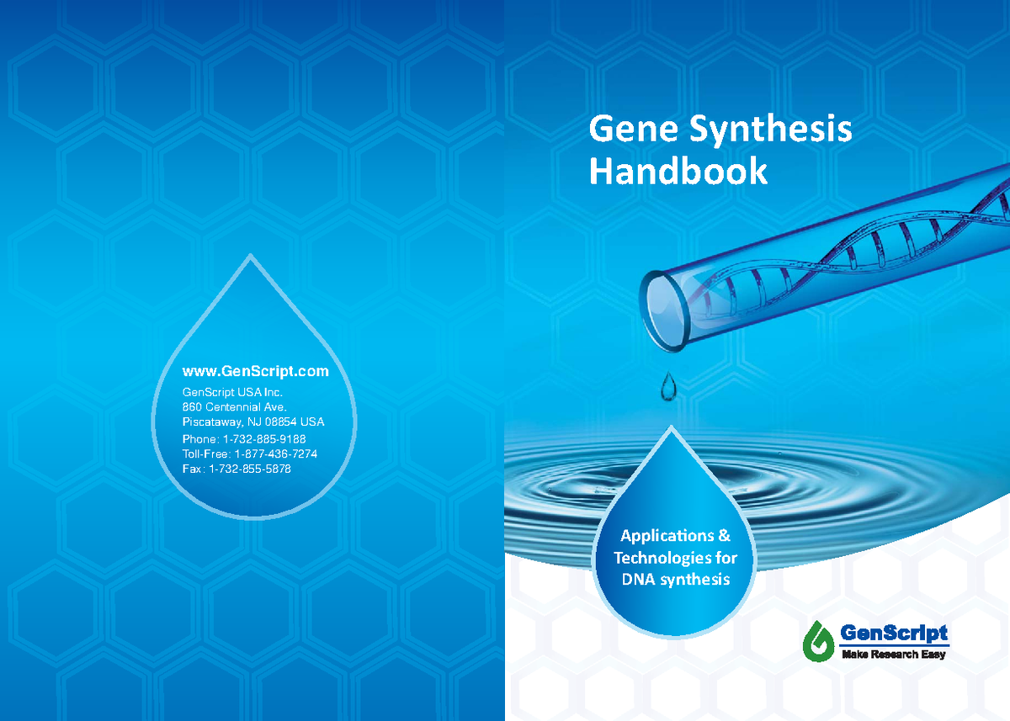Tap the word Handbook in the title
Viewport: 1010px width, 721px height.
coord(678,172)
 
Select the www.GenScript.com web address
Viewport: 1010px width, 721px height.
coord(255,371)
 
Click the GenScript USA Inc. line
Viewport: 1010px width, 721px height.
coord(232,392)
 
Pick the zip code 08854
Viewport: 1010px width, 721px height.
coord(281,422)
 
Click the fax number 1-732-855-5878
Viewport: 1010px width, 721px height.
coord(250,469)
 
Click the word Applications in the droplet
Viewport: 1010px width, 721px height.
coord(667,536)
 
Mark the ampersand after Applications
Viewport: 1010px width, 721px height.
coord(724,536)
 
